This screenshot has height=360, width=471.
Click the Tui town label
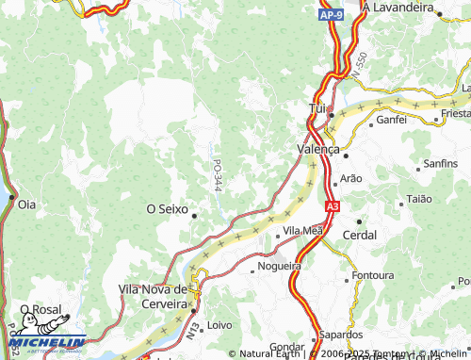(x=317, y=109)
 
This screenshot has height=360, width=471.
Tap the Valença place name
(x=317, y=149)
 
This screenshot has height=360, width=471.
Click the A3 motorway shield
(x=332, y=205)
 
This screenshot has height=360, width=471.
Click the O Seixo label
(x=167, y=208)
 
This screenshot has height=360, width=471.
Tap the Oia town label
(x=26, y=203)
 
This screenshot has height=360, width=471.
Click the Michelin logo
(x=42, y=345)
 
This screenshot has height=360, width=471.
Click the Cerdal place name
(x=359, y=235)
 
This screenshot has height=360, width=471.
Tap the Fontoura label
(x=372, y=275)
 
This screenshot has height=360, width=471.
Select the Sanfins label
(x=440, y=163)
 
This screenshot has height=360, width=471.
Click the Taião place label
(x=417, y=199)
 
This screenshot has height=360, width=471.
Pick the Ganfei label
(x=391, y=120)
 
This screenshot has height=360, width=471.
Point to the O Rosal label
(x=41, y=308)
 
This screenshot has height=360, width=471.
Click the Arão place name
(x=350, y=177)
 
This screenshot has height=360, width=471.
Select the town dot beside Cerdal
(x=359, y=221)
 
